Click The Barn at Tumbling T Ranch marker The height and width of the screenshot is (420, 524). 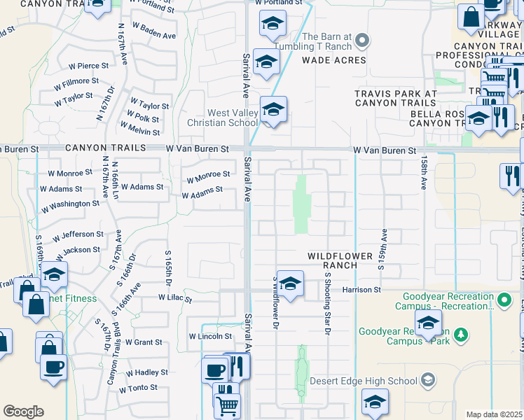(x=362, y=41)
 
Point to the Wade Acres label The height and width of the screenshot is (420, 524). (x=334, y=60)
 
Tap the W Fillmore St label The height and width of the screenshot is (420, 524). (x=76, y=81)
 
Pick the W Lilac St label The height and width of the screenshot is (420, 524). (x=174, y=298)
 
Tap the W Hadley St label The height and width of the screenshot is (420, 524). (x=144, y=373)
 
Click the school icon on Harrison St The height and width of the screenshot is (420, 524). (x=290, y=283)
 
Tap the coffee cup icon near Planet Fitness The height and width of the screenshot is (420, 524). (x=53, y=366)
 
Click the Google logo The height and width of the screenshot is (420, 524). (x=23, y=412)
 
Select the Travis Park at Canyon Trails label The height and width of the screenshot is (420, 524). (x=395, y=98)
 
